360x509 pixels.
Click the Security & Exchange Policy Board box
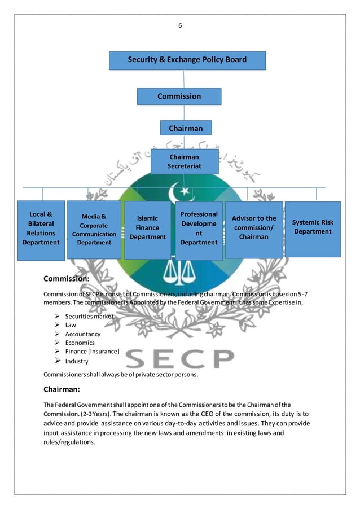pyautogui.click(x=187, y=60)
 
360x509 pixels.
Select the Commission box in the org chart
pyautogui.click(x=179, y=96)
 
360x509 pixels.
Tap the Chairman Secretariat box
pyautogui.click(x=184, y=161)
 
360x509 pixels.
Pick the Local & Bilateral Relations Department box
pyautogui.click(x=41, y=229)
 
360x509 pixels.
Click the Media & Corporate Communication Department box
pyautogui.click(x=94, y=229)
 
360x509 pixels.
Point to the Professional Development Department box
pyautogui.click(x=199, y=228)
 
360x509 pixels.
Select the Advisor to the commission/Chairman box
pyautogui.click(x=253, y=228)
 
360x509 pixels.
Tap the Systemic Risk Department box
pyautogui.click(x=312, y=227)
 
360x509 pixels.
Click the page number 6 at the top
pyautogui.click(x=180, y=25)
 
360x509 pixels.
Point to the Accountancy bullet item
pyautogui.click(x=82, y=334)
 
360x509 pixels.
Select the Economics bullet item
pyautogui.click(x=80, y=343)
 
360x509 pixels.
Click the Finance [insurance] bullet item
pyautogui.click(x=92, y=352)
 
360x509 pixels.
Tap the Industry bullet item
pyautogui.click(x=77, y=361)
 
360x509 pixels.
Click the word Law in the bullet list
pyautogui.click(x=71, y=325)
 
